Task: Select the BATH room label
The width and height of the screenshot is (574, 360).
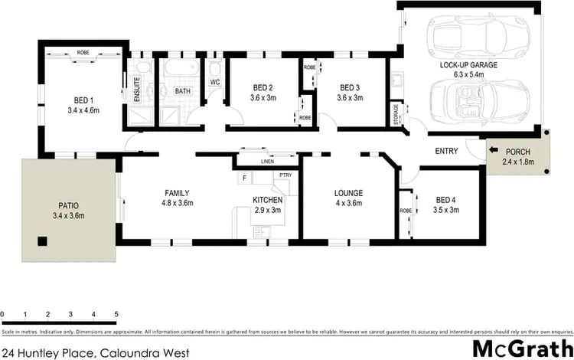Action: (x=182, y=92)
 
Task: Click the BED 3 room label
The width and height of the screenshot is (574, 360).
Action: (x=351, y=87)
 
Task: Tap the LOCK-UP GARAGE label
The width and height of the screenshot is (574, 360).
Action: (x=468, y=66)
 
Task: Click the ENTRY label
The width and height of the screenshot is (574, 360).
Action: (x=445, y=151)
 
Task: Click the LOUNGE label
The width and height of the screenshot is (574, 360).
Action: (x=347, y=193)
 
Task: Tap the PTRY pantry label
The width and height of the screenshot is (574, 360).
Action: (x=285, y=175)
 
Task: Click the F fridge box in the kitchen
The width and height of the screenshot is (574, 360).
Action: (x=245, y=178)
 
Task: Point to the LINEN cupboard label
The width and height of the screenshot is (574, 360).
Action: (x=267, y=162)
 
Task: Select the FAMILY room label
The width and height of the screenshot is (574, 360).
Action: (x=176, y=193)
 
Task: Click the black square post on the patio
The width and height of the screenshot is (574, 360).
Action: (x=43, y=242)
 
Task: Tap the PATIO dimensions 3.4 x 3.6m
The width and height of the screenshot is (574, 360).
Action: (x=69, y=217)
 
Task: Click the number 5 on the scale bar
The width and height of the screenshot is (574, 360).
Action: (x=116, y=315)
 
